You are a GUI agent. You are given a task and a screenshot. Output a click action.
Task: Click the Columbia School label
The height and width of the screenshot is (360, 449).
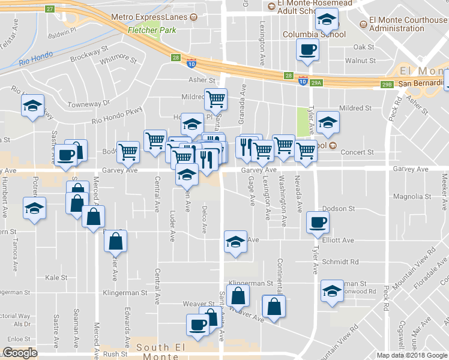pos(315,34)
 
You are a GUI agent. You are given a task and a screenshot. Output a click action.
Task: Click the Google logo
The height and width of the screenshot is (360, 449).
pos(20,353)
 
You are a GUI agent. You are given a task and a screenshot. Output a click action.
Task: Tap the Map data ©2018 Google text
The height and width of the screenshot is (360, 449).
pos(411,355)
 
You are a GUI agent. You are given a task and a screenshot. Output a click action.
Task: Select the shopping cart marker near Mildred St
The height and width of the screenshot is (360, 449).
pos(215,98)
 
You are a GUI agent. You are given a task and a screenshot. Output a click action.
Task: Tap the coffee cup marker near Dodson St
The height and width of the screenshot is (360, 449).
pos(318,222)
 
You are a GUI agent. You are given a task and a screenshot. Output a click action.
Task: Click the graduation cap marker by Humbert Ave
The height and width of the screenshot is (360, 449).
pos(34,208)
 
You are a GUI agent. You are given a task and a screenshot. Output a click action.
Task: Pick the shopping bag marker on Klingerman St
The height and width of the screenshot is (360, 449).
pos(238,295)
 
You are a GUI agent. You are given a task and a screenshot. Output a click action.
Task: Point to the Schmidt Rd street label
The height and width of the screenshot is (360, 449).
pos(340,262)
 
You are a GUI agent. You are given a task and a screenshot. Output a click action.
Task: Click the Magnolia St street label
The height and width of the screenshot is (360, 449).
pos(412,196)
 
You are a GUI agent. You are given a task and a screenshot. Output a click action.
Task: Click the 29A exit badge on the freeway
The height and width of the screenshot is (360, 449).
pos(317,83)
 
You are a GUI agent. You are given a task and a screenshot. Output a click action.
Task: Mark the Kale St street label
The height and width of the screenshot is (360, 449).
pos(56,278)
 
